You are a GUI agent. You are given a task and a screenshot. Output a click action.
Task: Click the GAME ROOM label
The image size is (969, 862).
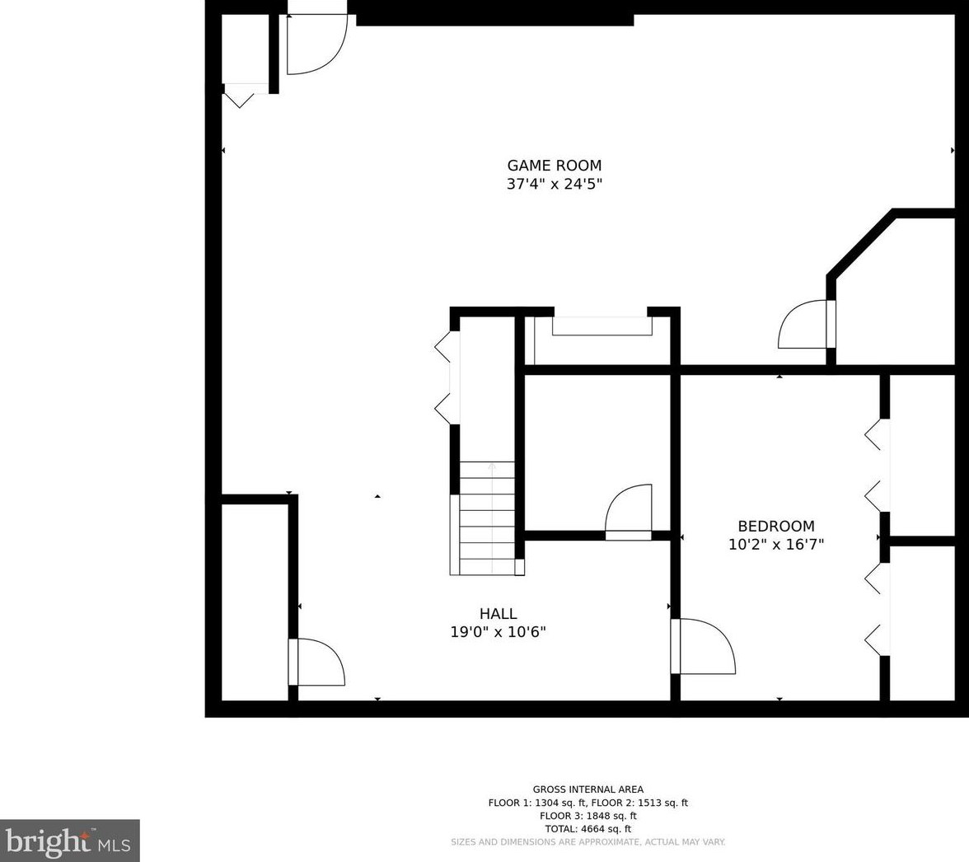(555, 165)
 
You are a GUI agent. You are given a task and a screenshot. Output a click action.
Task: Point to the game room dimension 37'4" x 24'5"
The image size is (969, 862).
(555, 184)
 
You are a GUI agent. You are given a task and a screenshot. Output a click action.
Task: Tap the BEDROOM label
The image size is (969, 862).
(776, 526)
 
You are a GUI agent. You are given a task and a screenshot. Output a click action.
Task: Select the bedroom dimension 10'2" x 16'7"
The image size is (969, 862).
(776, 545)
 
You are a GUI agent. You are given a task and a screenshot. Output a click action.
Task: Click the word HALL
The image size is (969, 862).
(498, 614)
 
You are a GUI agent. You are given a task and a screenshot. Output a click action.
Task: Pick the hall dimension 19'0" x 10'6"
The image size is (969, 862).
(498, 631)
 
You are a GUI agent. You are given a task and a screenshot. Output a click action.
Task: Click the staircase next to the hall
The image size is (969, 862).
(487, 518)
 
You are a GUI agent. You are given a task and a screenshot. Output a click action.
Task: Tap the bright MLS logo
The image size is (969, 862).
(70, 841)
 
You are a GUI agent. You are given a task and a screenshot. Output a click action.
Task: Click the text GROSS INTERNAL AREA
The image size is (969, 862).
(587, 789)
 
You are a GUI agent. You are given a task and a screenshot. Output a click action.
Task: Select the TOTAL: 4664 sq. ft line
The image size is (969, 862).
(587, 829)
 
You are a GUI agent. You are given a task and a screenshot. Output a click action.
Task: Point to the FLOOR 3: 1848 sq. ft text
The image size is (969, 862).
(587, 816)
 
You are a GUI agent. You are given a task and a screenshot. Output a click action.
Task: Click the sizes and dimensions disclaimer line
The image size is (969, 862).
(587, 842)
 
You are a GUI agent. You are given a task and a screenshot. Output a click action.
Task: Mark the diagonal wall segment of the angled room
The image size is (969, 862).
(861, 243)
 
